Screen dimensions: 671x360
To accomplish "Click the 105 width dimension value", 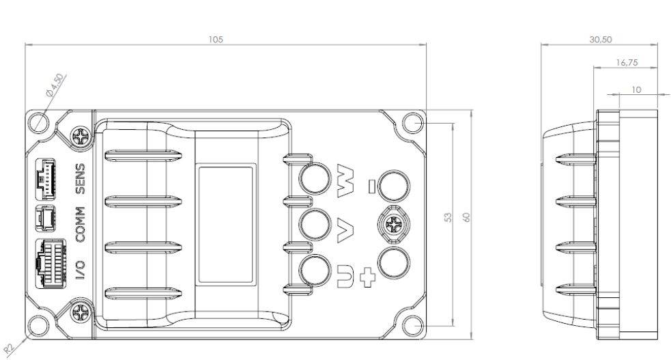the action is coord(216,40).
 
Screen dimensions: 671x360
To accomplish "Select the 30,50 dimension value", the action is coord(601,40).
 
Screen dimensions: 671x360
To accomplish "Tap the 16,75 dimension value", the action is coord(627,62).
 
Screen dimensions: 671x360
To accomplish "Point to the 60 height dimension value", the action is coord(466,217).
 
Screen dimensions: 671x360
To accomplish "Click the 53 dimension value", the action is coord(448,217).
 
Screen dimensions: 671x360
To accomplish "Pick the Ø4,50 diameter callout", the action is coord(55,85).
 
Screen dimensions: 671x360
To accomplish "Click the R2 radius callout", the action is coord(9,348).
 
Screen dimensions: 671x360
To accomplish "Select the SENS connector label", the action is coord(80,178).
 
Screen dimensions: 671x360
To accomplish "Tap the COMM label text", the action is coord(80,224).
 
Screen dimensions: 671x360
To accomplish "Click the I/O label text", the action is coord(80,270).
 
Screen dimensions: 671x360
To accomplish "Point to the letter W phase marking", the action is coord(346,180).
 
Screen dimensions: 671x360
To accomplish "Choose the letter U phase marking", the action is coord(345,276).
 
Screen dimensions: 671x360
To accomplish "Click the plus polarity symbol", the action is coord(367,277).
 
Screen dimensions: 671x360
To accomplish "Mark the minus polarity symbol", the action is coord(372,186).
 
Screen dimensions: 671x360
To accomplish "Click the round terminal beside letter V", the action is coord(315,224).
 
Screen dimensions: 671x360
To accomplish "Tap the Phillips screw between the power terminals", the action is coord(393,224).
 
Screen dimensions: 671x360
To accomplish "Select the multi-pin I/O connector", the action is coord(51,263).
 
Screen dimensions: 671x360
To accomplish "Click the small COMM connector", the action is coord(45,219).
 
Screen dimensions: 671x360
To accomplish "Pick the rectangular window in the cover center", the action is coord(225,224).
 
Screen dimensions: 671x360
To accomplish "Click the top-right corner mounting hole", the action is coord(413,123).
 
